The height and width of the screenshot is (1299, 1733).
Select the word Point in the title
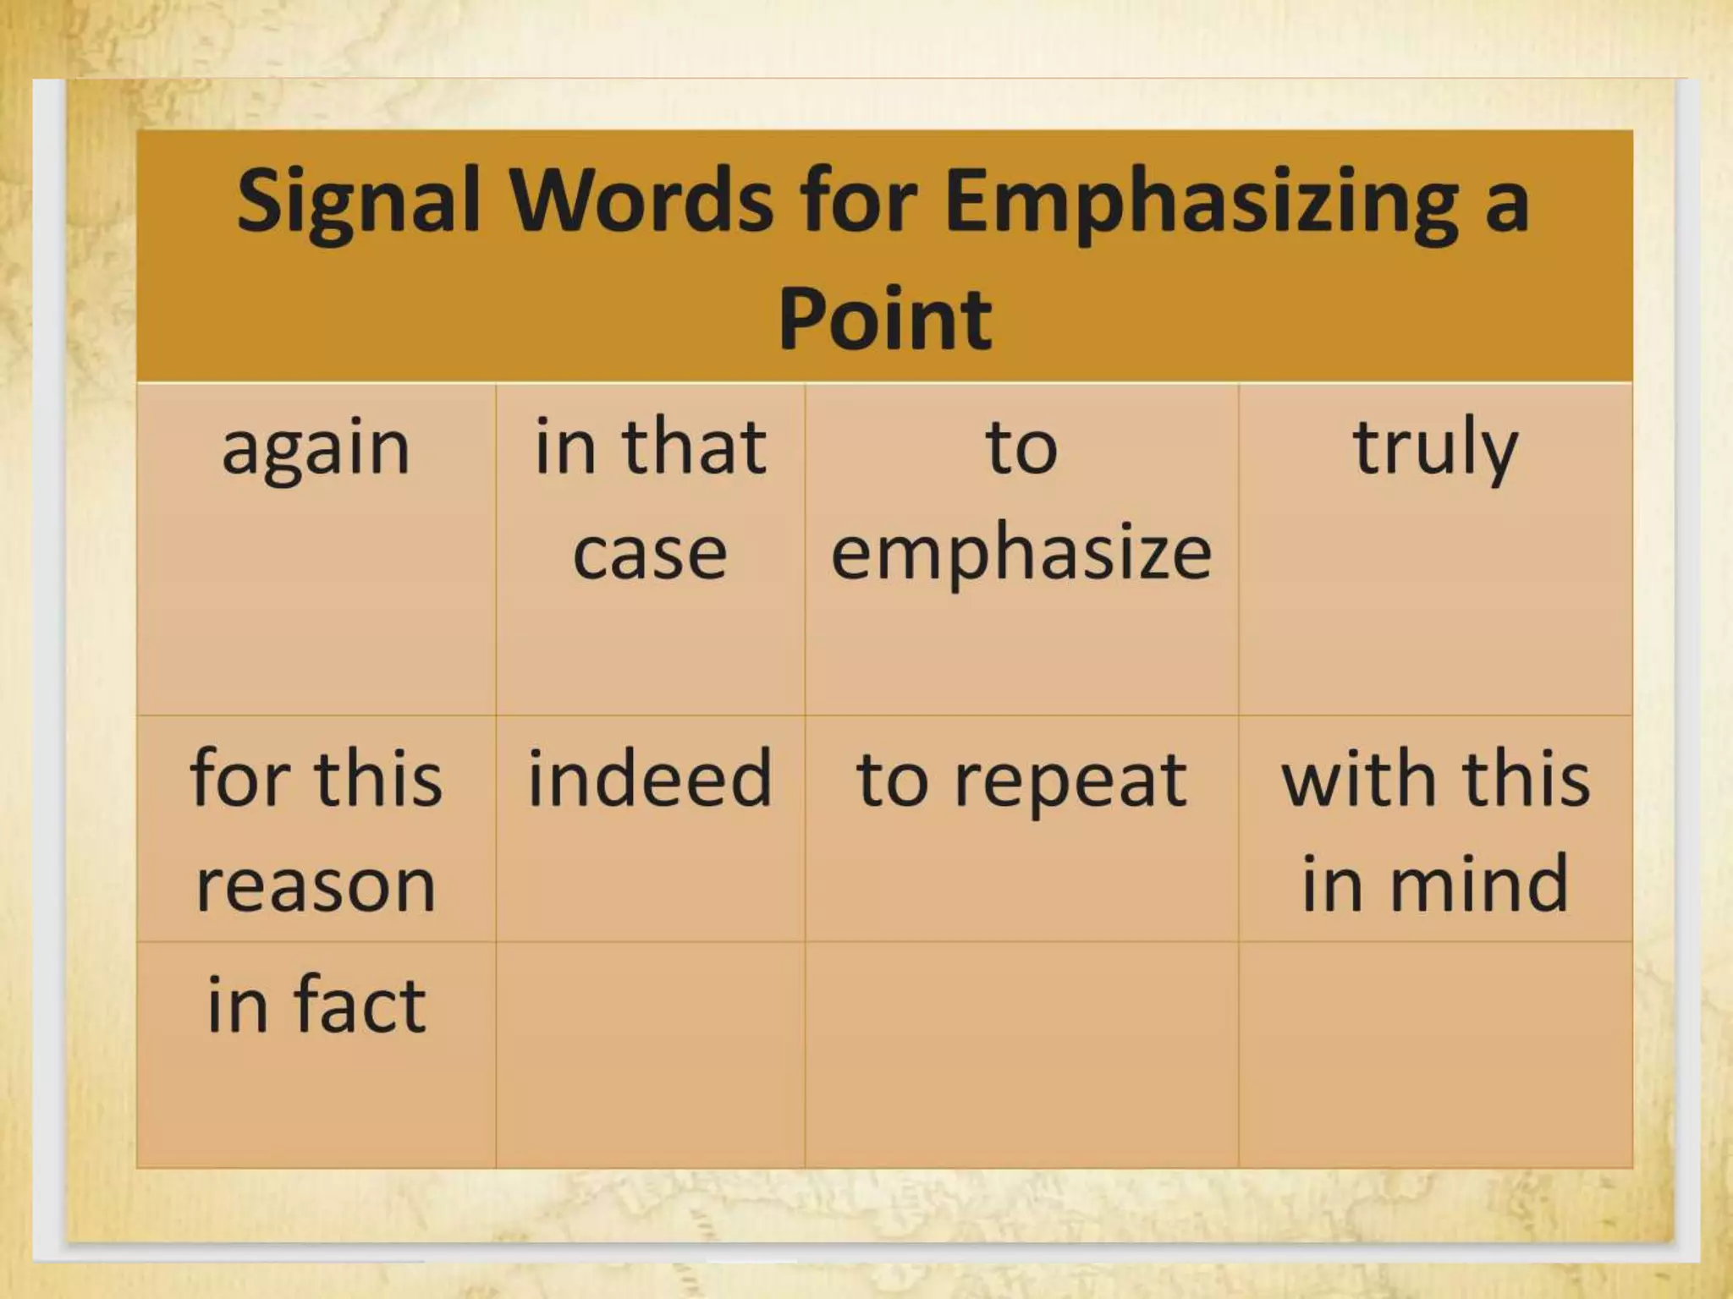884,320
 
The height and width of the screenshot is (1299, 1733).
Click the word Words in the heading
642,201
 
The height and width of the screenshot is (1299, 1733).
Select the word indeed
650,778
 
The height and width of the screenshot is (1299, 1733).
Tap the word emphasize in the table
1021,555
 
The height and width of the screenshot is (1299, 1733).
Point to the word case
650,555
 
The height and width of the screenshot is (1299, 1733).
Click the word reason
316,886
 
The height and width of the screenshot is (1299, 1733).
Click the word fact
360,1005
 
